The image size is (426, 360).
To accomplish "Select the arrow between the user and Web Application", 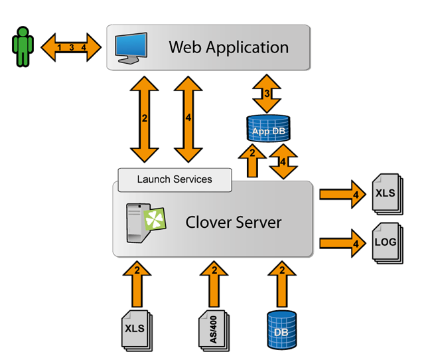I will click(71, 48).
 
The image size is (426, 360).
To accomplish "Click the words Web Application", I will click(228, 47).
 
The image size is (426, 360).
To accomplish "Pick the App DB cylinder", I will click(268, 130).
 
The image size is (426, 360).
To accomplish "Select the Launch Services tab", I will click(175, 179).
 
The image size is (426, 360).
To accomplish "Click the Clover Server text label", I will click(233, 222).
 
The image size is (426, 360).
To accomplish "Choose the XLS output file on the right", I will click(386, 193).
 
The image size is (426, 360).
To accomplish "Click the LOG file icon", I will click(386, 242).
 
